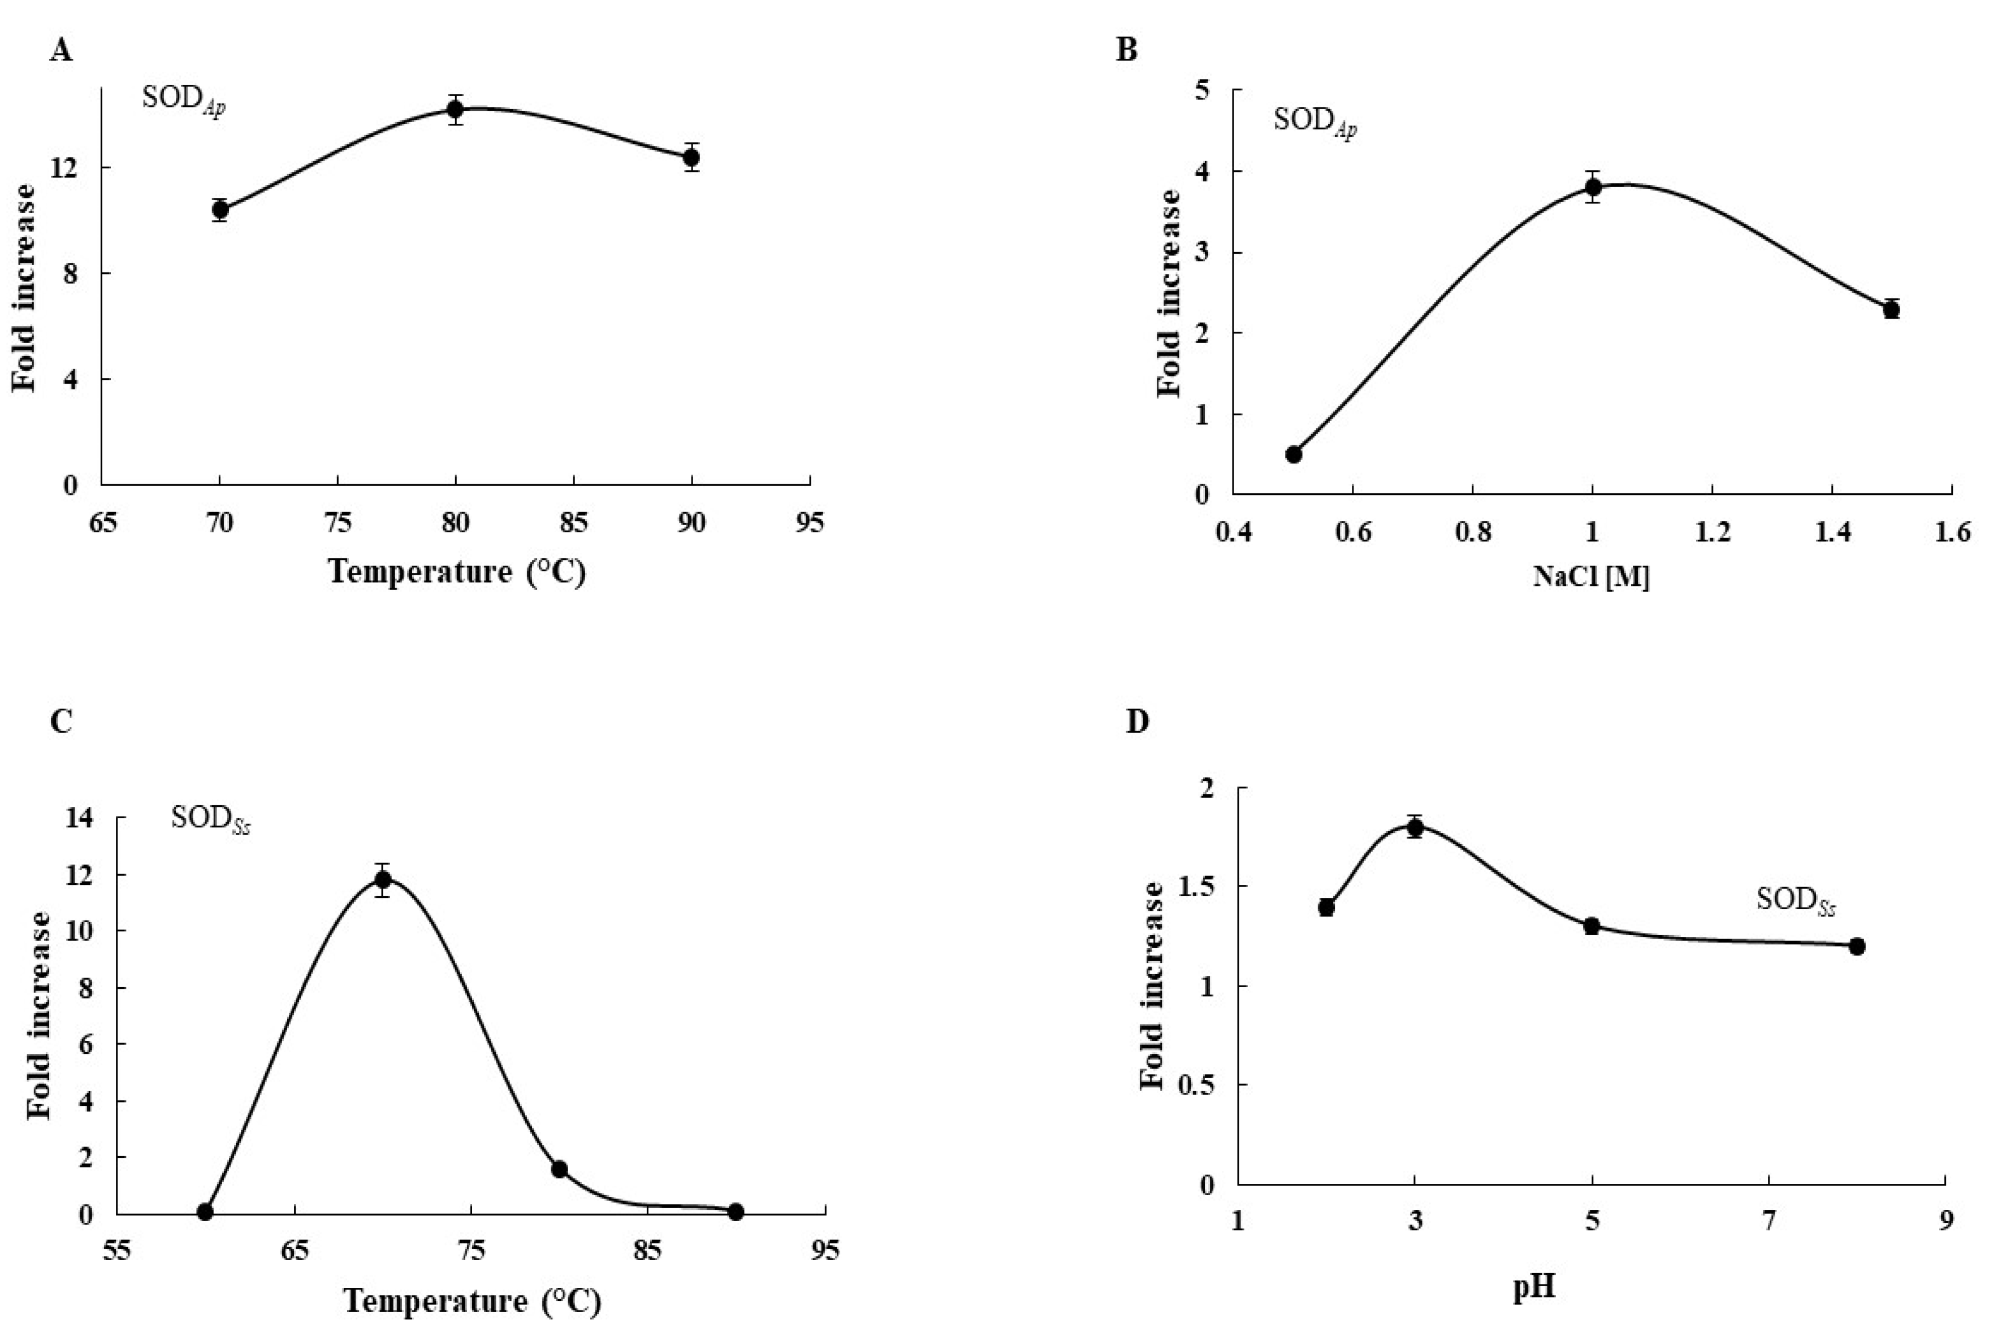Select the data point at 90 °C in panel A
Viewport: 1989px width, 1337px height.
(x=691, y=158)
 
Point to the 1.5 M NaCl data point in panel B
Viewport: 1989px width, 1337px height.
(x=1891, y=309)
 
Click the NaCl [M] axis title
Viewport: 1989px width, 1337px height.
(x=1590, y=578)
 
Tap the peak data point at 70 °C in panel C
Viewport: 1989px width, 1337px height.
(x=383, y=880)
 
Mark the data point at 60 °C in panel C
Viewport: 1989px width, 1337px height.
(x=205, y=1212)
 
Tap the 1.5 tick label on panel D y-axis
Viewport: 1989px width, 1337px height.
(x=1202, y=887)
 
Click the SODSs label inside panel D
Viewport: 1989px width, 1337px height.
(x=1796, y=900)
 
